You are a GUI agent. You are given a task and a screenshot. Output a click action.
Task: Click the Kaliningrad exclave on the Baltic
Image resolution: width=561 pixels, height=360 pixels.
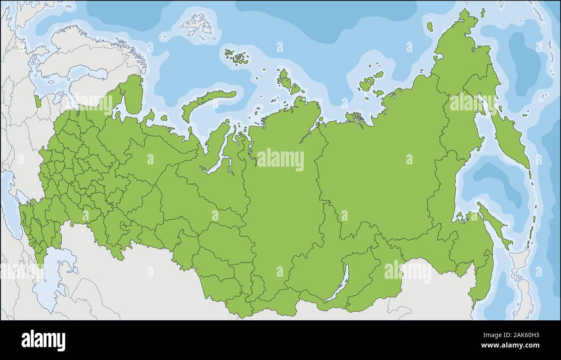[38, 101]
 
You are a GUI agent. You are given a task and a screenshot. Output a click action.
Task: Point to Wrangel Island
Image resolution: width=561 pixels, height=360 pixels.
[429, 27]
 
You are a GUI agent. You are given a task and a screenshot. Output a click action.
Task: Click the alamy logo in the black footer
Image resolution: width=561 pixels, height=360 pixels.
[43, 340]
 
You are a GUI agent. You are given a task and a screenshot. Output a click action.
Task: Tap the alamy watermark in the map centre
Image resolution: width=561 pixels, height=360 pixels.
[280, 160]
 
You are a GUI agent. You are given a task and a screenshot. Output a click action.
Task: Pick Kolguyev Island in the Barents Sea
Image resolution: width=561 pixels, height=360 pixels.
[164, 117]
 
